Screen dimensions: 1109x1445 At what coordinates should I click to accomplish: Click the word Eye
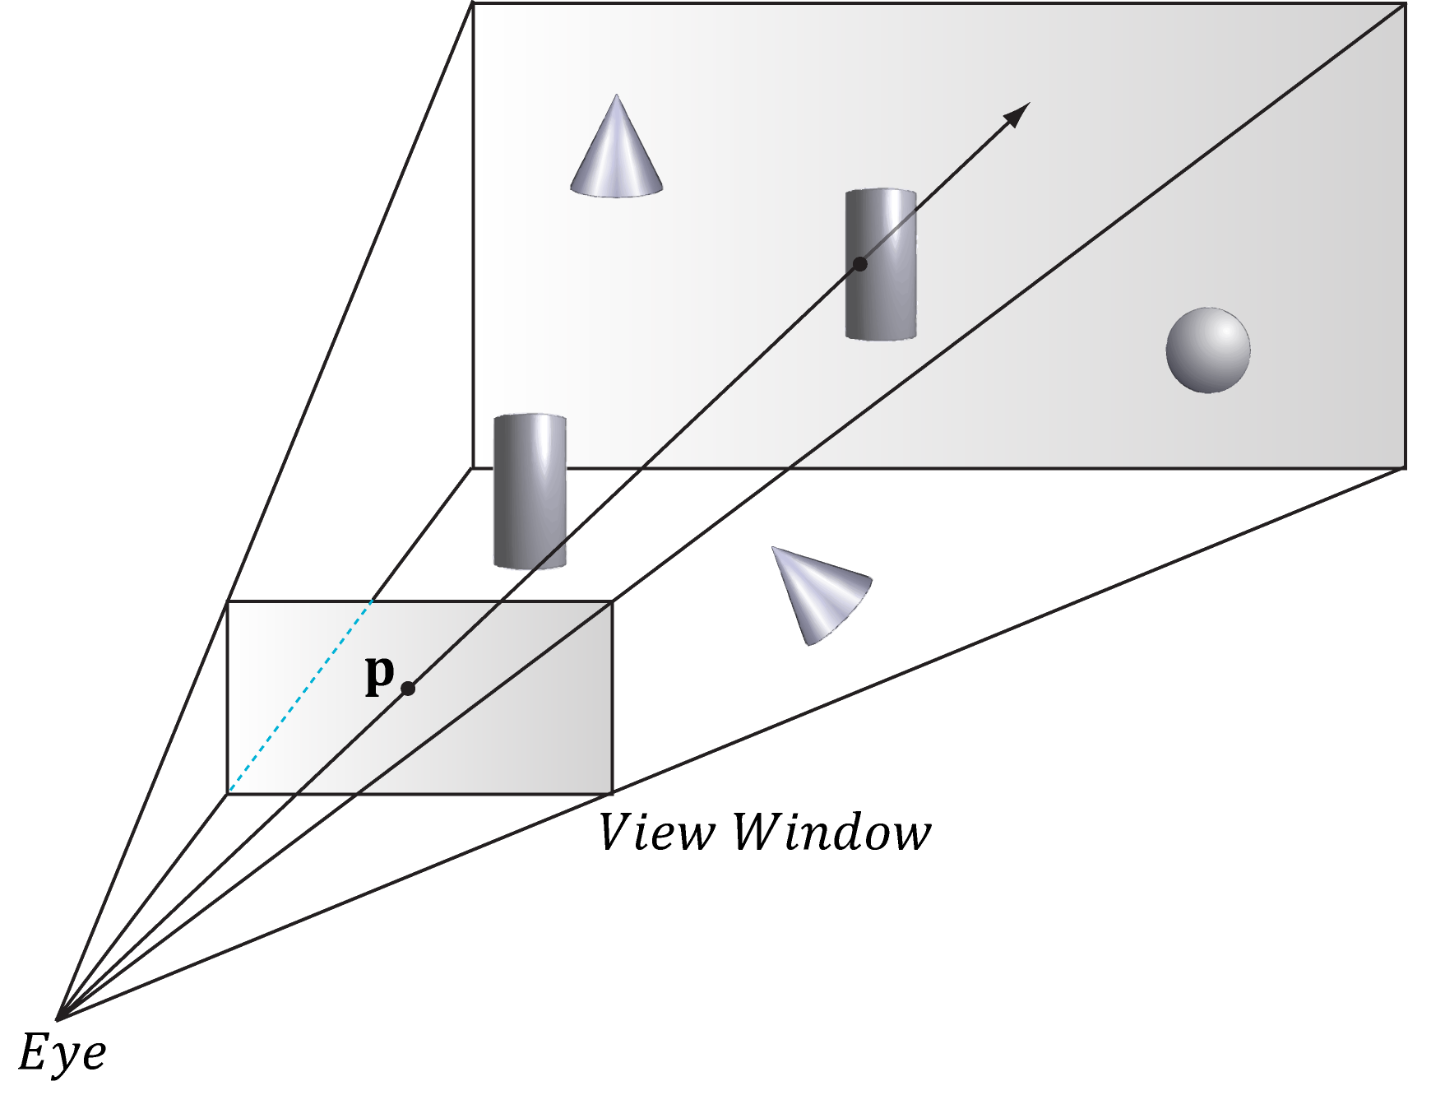(62, 1052)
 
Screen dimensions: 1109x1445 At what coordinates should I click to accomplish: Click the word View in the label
(656, 832)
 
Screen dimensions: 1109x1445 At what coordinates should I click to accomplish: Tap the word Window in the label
(831, 832)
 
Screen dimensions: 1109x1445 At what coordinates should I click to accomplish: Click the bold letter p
(379, 674)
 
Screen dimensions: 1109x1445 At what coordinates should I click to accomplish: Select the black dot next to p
(407, 688)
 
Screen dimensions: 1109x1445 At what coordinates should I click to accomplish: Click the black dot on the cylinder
(859, 264)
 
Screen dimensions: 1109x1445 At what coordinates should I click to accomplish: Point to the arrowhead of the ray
(1020, 112)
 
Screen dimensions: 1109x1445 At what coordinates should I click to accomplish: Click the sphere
(1207, 350)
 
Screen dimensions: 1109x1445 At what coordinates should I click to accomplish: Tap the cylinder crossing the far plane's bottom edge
(530, 491)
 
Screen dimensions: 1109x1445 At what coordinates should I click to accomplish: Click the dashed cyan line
(300, 698)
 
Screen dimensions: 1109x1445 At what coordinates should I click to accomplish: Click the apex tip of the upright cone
(616, 96)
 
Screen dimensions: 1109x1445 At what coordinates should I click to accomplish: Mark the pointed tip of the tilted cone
(773, 548)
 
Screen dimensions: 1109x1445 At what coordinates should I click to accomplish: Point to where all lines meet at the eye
(58, 1019)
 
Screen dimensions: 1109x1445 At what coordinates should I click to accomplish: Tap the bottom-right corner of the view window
(612, 793)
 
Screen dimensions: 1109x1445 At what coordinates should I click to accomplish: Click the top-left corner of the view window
(228, 602)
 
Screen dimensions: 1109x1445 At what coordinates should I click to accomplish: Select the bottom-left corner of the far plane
(473, 467)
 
